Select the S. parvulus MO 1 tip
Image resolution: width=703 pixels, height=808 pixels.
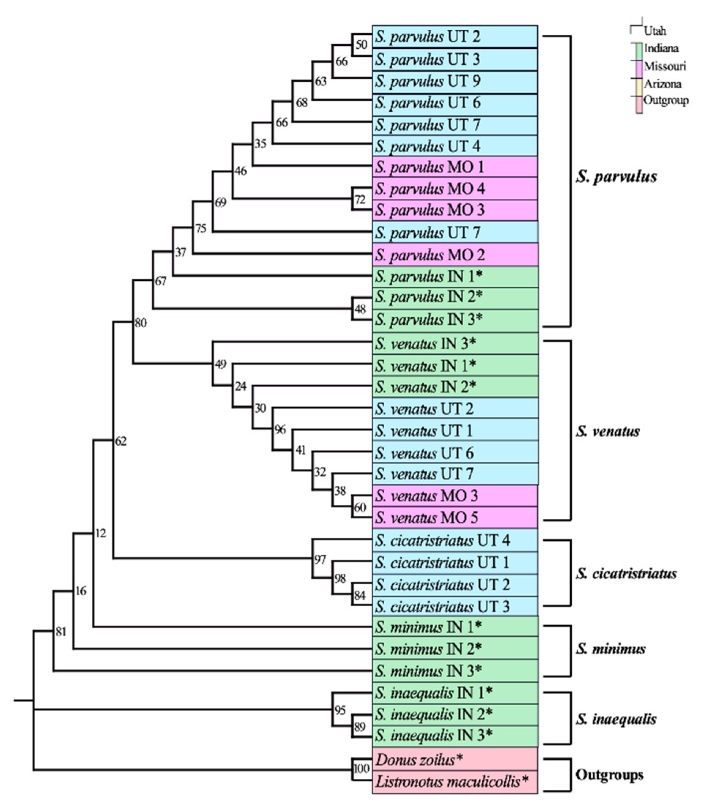[429, 168]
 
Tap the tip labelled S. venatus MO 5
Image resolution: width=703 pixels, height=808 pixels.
[426, 518]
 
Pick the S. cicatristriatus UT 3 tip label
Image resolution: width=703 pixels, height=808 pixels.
[442, 607]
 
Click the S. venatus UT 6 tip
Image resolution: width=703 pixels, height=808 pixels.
[424, 453]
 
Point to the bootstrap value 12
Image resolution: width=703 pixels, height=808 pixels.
[100, 533]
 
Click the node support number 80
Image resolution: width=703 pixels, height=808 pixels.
[141, 323]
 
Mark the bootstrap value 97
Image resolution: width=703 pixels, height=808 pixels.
[320, 560]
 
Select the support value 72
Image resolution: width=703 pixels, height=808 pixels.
[360, 200]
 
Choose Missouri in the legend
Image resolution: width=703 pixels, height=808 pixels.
[665, 66]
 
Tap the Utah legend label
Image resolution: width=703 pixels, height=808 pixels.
[655, 31]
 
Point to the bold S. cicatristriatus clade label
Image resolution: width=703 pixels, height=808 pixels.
[626, 574]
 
